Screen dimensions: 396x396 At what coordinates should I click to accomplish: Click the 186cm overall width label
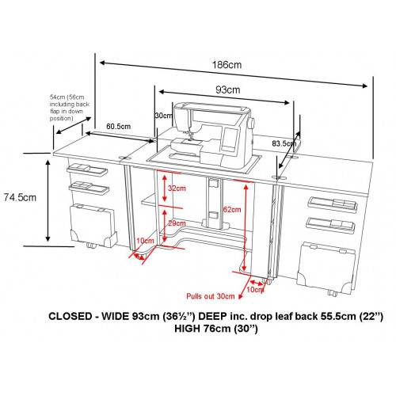pos(227,65)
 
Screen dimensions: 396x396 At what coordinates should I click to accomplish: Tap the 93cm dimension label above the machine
pos(228,89)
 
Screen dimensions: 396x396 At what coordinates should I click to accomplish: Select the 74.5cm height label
pos(20,197)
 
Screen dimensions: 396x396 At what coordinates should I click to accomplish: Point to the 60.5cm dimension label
pos(119,127)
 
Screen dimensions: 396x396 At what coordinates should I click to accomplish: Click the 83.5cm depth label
pos(284,143)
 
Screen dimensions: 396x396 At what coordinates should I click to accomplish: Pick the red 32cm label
pos(177,188)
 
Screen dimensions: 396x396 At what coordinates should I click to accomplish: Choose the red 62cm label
pos(232,210)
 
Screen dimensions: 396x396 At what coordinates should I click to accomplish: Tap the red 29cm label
pos(177,223)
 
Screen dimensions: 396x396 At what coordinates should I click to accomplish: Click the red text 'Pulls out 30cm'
pos(211,296)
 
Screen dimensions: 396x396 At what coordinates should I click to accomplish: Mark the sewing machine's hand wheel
pos(252,123)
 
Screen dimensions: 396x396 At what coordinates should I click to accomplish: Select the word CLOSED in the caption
pos(70,316)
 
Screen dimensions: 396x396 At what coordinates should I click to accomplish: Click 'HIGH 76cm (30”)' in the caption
pos(216,329)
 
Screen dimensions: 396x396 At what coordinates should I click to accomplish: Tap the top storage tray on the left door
pos(87,169)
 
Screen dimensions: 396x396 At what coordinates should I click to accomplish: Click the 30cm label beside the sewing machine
pos(164,116)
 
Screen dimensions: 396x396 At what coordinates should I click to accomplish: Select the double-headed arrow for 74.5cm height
pos(48,200)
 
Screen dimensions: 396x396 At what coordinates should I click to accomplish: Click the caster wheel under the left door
pos(91,246)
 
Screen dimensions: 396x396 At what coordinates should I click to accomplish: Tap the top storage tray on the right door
pos(333,204)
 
